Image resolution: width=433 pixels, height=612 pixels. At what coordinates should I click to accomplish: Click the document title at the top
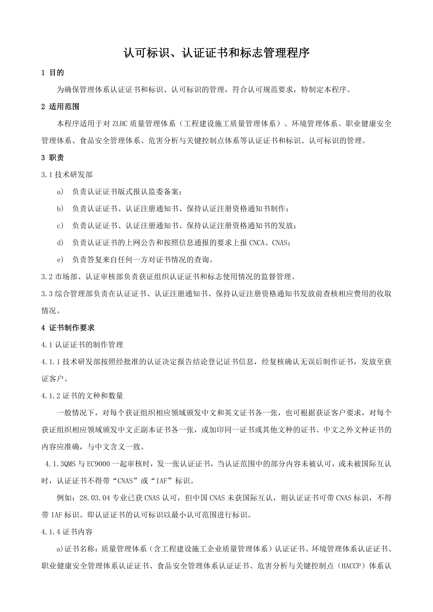coord(216,53)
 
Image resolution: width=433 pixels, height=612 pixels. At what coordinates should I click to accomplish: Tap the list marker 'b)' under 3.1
coord(60,209)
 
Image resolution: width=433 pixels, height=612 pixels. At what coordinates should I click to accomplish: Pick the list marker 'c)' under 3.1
coord(60,226)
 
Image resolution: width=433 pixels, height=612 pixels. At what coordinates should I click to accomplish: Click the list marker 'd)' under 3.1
coord(60,243)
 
